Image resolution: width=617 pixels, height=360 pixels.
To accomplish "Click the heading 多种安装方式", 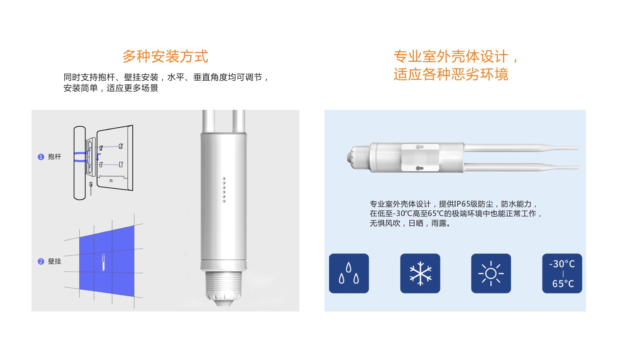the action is point(165,56).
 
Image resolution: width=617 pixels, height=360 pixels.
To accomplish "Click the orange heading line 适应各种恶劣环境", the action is point(451,74).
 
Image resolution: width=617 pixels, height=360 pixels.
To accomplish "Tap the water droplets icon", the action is point(349,273).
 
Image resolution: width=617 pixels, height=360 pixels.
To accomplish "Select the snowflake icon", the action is point(420,273).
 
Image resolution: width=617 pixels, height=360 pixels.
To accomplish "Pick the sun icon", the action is point(491,273).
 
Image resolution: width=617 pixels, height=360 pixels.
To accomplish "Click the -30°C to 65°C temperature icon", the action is point(562,273).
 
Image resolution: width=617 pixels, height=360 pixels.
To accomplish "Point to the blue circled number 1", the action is point(41,157).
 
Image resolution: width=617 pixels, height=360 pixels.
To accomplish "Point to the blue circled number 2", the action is point(41,261).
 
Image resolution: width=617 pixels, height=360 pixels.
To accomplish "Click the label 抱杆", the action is point(54,157).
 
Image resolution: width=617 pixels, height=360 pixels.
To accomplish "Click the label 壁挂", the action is point(54,261).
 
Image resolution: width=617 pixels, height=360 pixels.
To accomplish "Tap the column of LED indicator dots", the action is point(224,190).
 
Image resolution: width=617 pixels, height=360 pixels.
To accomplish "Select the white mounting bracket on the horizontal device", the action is point(420,157).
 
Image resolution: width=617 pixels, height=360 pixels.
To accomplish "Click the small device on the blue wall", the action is point(103,262).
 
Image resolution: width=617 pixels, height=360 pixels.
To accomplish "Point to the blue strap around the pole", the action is point(81,157).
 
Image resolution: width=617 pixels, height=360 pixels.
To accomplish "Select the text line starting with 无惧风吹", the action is point(410,223).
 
